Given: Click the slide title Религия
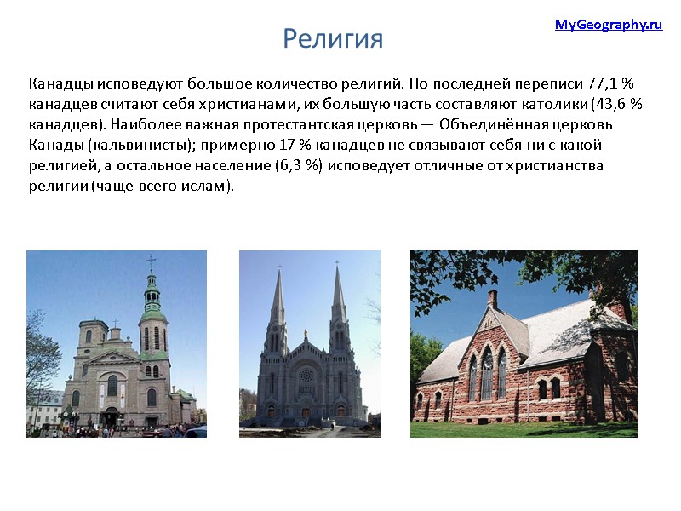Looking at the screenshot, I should (x=333, y=38).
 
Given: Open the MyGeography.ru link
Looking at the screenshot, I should (x=608, y=25).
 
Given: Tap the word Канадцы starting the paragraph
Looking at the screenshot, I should (x=60, y=84).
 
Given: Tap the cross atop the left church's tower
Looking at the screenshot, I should (x=151, y=261).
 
